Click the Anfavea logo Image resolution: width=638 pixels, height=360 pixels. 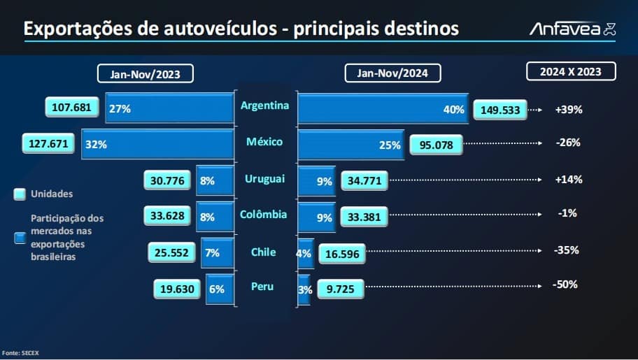tap(572, 29)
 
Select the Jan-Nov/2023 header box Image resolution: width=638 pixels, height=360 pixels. tap(146, 73)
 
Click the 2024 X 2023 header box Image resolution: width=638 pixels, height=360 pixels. tap(571, 71)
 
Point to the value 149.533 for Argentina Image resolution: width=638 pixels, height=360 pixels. tap(499, 110)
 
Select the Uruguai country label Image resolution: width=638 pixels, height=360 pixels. tap(264, 179)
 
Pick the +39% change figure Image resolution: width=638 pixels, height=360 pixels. tap(569, 110)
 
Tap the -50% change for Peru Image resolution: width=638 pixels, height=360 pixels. tap(564, 285)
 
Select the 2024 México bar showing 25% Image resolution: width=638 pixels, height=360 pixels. tap(350, 145)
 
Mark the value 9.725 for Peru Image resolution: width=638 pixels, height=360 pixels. tap(340, 288)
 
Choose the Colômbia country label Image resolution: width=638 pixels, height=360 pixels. tap(264, 215)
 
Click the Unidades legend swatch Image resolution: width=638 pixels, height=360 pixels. tap(20, 194)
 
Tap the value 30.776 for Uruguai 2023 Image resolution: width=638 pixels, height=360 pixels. tap(168, 180)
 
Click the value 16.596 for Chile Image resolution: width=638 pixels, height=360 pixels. tap(342, 254)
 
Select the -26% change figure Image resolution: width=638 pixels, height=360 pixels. tap(567, 143)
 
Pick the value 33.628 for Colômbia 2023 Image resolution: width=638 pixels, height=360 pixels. tap(167, 215)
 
